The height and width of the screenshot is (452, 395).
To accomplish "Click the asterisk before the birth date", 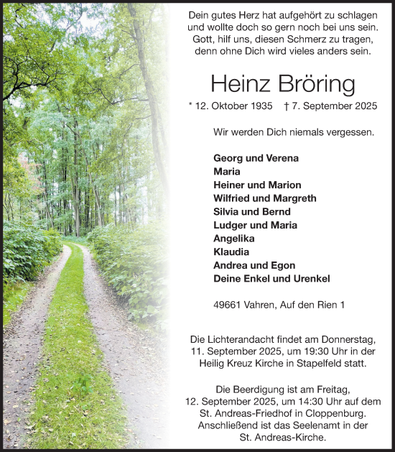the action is pos(191,105).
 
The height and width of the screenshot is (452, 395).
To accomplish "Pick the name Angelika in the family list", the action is pos(233,239).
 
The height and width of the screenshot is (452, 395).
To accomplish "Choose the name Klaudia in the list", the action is pos(231,252).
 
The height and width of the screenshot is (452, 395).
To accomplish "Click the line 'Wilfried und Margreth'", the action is pos(264,198).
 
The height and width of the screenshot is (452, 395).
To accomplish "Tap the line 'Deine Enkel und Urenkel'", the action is pos(271,279).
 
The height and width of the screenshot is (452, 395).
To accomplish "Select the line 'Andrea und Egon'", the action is pos(244,265).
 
